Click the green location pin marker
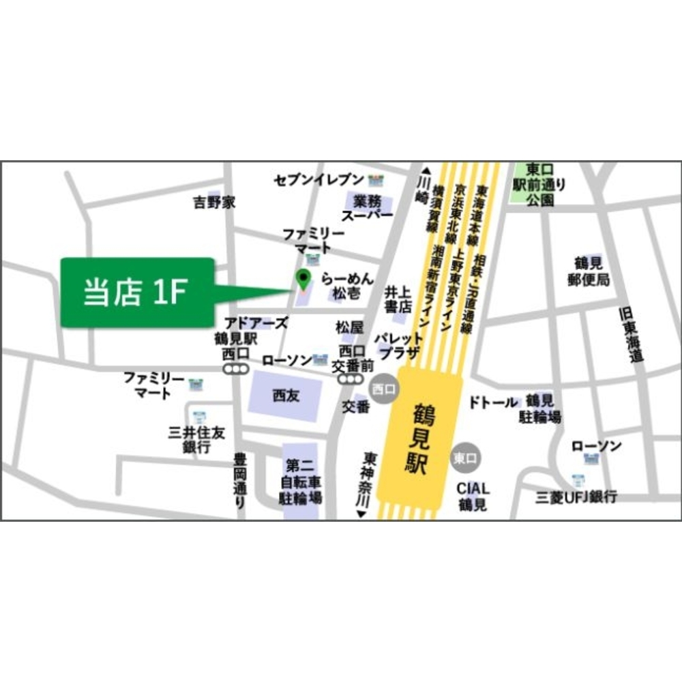tap(303, 278)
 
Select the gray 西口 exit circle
tap(383, 389)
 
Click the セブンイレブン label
tap(319, 180)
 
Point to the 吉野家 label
tap(213, 203)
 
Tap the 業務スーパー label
tap(368, 207)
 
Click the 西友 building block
tap(286, 394)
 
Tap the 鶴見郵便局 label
tap(591, 271)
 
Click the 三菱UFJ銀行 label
tap(576, 496)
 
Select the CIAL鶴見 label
tap(473, 496)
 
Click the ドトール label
tap(492, 402)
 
